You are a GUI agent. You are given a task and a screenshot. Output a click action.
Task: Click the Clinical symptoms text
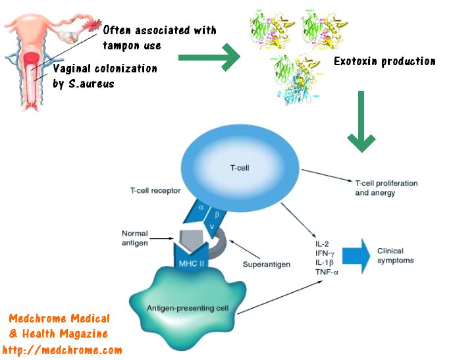399,256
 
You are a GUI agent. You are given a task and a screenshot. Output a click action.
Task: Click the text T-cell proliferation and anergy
386,188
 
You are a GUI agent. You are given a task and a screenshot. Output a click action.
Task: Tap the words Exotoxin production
385,61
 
